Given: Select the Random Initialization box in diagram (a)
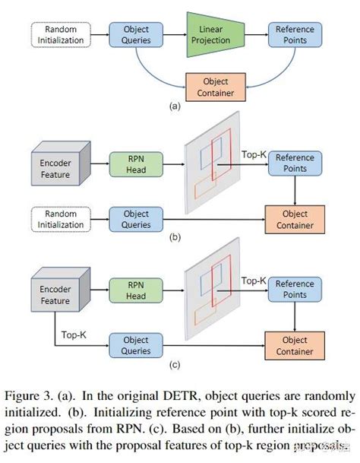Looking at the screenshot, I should pos(60,33).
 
